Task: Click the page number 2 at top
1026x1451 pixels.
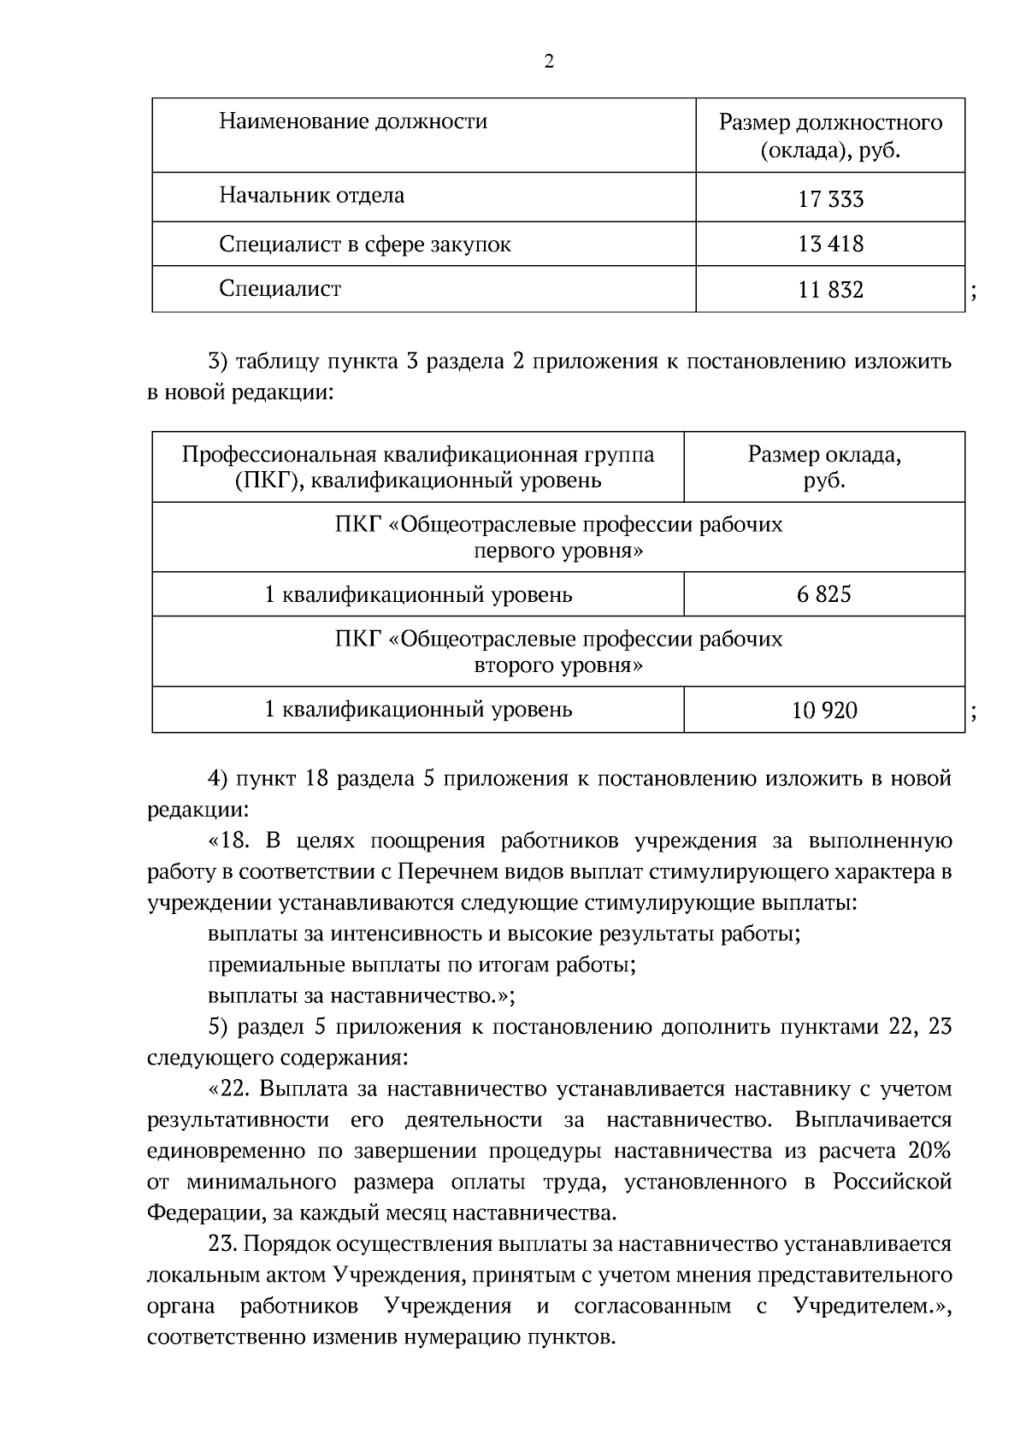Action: pyautogui.click(x=548, y=62)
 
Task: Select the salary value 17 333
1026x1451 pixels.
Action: pyautogui.click(x=830, y=199)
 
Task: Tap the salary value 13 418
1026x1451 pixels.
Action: pyautogui.click(x=830, y=245)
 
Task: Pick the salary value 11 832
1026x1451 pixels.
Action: pyautogui.click(x=830, y=290)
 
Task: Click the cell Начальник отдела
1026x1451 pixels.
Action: pyautogui.click(x=311, y=196)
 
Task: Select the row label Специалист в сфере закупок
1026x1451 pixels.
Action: pyautogui.click(x=364, y=245)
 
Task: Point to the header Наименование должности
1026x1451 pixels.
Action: pyautogui.click(x=353, y=121)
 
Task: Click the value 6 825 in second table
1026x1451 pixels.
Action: pyautogui.click(x=823, y=594)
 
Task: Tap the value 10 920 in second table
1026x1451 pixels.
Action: pyautogui.click(x=823, y=710)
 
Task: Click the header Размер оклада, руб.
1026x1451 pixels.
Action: pyautogui.click(x=823, y=467)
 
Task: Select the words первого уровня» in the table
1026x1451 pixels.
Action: pyautogui.click(x=558, y=551)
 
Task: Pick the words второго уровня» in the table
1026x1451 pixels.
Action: pyautogui.click(x=558, y=666)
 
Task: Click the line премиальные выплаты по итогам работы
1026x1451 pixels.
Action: pyautogui.click(x=422, y=965)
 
